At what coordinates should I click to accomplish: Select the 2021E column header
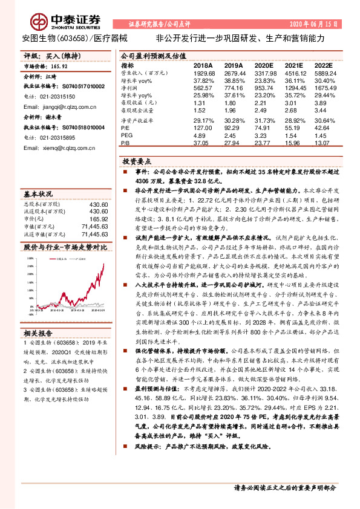pyautogui.click(x=294, y=65)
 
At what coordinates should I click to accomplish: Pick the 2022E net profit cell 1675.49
pyautogui.click(x=324, y=88)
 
